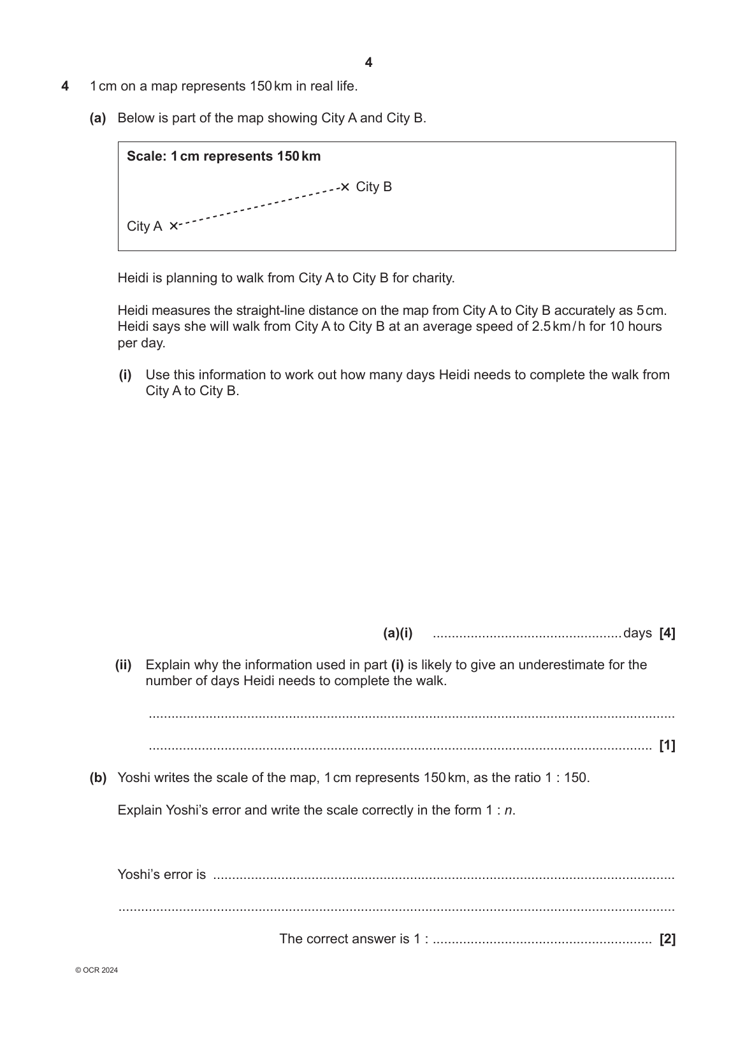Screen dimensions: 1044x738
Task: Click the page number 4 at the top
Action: point(368,62)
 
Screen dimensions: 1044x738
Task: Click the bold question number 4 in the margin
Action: point(65,86)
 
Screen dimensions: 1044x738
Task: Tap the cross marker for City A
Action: point(173,226)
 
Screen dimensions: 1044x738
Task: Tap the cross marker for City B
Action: point(345,187)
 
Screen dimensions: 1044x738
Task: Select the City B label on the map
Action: point(373,187)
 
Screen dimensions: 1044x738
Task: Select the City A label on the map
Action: point(144,226)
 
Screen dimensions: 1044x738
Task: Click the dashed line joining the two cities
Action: point(258,206)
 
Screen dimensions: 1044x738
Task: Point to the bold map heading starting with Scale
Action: point(224,156)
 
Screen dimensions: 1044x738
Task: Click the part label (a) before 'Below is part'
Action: point(98,118)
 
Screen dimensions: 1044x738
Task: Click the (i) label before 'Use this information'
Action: point(125,375)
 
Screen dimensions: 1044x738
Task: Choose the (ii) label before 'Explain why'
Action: point(123,665)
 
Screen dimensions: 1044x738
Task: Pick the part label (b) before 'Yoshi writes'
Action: point(98,778)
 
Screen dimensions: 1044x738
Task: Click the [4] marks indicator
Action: point(667,633)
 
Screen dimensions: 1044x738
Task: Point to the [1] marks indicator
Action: point(667,745)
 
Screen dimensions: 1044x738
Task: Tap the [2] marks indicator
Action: point(667,939)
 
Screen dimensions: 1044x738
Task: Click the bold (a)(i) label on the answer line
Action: point(398,633)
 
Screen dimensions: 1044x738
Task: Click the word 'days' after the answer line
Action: point(637,633)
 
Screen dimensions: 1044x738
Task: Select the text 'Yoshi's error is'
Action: point(162,874)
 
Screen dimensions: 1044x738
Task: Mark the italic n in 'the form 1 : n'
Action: point(508,810)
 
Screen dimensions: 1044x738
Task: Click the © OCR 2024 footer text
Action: point(96,971)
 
